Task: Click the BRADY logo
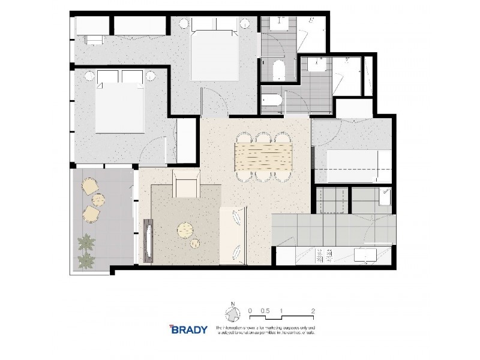188,329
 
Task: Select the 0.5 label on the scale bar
265,311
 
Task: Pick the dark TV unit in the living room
148,241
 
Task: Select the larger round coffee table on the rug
185,230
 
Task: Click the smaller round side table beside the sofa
196,244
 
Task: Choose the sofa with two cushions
234,235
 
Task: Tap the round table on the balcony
98,200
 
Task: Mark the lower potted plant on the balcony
86,260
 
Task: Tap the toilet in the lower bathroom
271,103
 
